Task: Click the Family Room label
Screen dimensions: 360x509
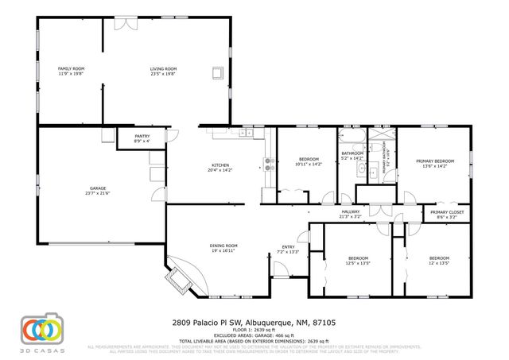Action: click(71, 72)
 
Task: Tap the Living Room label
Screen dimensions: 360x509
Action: click(163, 72)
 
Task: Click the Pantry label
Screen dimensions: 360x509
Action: click(142, 138)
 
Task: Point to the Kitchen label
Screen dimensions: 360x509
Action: click(220, 167)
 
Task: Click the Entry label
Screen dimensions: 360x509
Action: click(287, 250)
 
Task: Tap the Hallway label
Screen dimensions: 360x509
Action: click(351, 214)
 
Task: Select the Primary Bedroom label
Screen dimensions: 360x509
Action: click(433, 164)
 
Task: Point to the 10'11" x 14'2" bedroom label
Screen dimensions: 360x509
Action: click(308, 161)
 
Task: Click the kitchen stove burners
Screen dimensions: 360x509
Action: click(269, 164)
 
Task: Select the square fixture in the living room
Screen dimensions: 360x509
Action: click(216, 74)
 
